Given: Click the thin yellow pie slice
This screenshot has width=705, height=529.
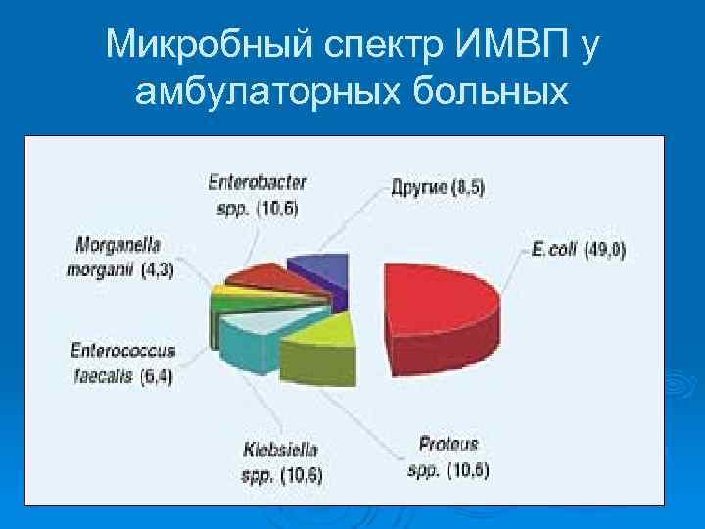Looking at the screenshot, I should tap(227, 291).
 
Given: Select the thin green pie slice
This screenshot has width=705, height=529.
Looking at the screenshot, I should tap(227, 303).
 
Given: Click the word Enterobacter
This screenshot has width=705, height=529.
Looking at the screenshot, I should tap(258, 182).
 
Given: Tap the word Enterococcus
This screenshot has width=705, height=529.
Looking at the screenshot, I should tap(122, 349).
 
